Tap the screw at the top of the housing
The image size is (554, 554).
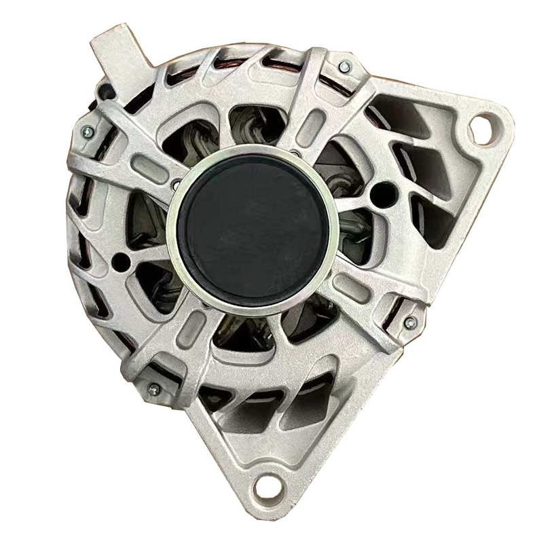(x=344, y=66)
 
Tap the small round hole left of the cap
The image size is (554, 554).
(x=122, y=260)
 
